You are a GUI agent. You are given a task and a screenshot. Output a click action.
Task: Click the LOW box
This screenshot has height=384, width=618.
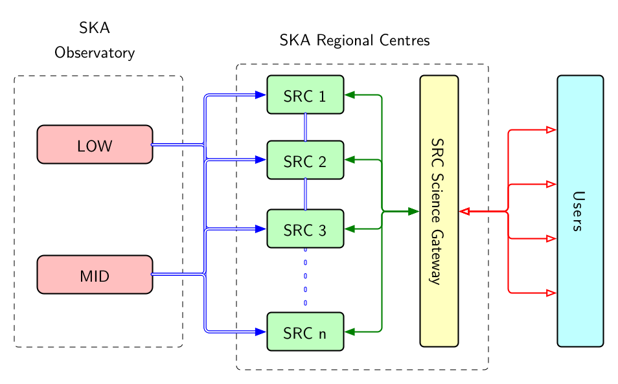point(95,145)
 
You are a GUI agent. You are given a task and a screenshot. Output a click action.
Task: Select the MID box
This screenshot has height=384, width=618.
point(95,275)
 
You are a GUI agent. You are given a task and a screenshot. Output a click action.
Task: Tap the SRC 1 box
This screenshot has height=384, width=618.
point(305,95)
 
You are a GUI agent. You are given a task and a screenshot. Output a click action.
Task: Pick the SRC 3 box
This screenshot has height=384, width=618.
point(305,229)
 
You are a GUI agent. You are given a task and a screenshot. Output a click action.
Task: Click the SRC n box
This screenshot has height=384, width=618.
point(305,332)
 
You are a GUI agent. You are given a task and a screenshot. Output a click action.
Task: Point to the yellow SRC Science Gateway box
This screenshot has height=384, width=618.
point(439,211)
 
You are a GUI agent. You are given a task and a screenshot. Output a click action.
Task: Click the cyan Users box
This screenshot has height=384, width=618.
point(580,211)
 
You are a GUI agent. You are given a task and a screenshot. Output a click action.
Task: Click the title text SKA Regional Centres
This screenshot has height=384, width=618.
point(354,41)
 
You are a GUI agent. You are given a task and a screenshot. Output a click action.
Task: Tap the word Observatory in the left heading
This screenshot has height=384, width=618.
point(95,53)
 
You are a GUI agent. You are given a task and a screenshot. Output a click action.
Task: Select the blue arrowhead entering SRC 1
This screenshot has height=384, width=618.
point(260,95)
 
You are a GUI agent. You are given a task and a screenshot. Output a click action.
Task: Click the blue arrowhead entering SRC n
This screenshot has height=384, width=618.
point(260,332)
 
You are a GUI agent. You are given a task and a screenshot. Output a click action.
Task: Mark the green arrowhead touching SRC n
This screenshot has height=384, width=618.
point(350,332)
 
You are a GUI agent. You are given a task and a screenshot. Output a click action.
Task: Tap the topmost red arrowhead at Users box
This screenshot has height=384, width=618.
point(551,130)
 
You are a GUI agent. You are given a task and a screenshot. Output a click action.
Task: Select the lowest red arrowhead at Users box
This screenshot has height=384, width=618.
point(551,293)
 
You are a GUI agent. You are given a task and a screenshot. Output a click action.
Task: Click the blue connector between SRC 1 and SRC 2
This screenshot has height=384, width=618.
point(305,128)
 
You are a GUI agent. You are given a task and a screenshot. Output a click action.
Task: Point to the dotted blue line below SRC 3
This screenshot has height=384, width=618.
point(305,277)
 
